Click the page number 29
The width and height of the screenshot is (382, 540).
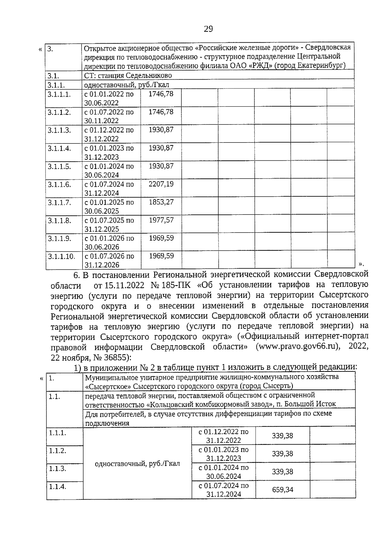[x=208, y=29]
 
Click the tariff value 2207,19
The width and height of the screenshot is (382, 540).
[x=161, y=184]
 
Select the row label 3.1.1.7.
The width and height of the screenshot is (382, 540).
[x=59, y=202]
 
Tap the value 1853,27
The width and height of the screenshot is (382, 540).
[x=161, y=202]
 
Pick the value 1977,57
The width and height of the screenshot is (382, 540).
[x=161, y=220]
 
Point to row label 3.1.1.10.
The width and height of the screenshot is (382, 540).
[x=61, y=256]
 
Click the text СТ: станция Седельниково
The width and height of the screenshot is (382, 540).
[x=128, y=75]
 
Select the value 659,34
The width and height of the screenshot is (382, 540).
[x=282, y=489]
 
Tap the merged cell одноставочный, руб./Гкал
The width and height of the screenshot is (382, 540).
[x=137, y=463]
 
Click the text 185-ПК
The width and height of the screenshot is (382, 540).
[x=176, y=284]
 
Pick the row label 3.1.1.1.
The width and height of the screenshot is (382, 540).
[x=59, y=94]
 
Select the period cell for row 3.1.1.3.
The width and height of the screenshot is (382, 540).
[x=109, y=134]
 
